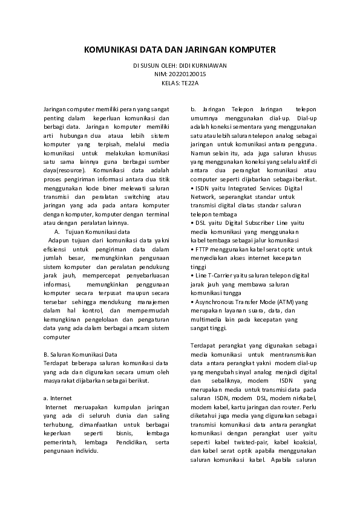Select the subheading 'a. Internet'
(x=58, y=399)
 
